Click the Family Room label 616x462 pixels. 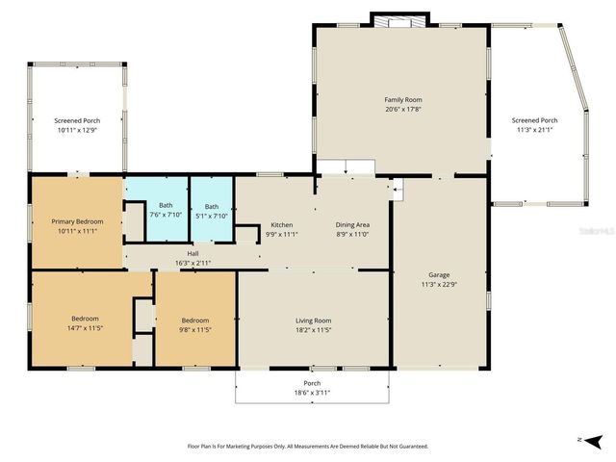[x=403, y=100]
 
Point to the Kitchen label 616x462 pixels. [x=282, y=224]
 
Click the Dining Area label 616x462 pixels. [x=352, y=224]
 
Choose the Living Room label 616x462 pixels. [x=313, y=321]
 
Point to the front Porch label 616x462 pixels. [x=313, y=383]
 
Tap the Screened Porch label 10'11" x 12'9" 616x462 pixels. [x=77, y=120]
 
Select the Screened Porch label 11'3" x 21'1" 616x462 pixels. [x=534, y=120]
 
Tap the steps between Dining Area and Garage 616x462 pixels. [x=398, y=192]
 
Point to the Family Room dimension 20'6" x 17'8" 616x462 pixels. [x=403, y=109]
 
